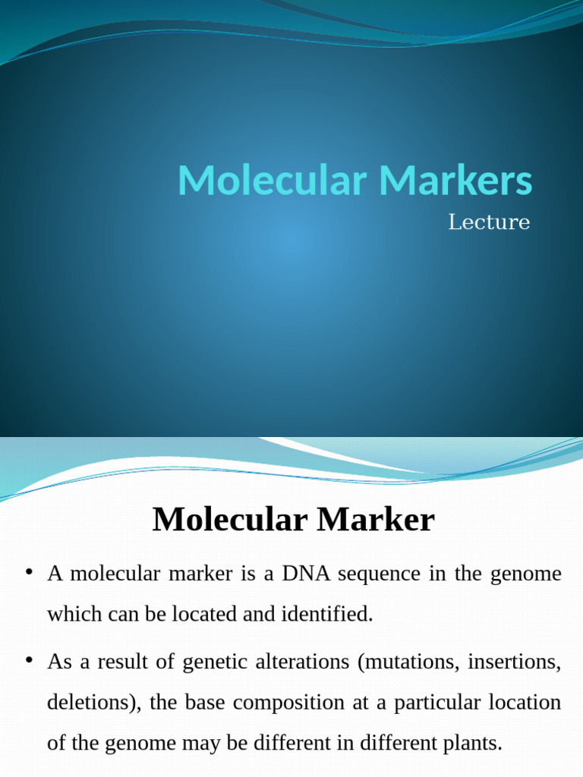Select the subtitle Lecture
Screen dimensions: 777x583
coord(488,222)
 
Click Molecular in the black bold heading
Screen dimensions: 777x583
coord(229,521)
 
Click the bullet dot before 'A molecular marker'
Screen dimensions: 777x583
coord(29,572)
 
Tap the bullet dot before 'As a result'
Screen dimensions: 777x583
coord(29,661)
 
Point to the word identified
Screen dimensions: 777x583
coord(335,614)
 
